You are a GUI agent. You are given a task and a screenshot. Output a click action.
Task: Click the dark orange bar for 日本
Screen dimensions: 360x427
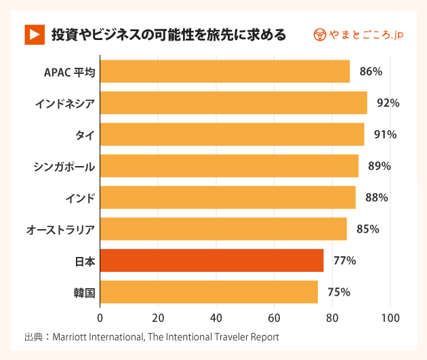[211, 260]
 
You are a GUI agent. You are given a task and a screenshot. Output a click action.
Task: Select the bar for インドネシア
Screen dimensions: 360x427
[233, 103]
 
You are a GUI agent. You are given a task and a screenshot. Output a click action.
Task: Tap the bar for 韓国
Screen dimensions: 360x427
[209, 292]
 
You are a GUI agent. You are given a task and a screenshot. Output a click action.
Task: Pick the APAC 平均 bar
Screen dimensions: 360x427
[224, 71]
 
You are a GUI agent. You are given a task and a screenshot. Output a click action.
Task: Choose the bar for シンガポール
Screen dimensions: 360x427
[229, 166]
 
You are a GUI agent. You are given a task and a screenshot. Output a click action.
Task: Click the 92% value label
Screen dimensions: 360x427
[388, 103]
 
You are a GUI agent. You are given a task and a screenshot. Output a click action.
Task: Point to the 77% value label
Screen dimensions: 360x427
[344, 260]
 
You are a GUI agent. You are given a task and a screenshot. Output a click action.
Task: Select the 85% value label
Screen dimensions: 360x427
[367, 229]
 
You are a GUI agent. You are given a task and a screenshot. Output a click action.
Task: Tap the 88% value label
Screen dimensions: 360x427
[376, 197]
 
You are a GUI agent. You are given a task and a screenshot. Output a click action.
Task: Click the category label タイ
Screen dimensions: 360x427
[85, 134]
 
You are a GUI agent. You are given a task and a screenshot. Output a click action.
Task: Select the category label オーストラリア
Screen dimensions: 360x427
[60, 229]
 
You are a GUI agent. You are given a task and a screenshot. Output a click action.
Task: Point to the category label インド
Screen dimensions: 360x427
[79, 197]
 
